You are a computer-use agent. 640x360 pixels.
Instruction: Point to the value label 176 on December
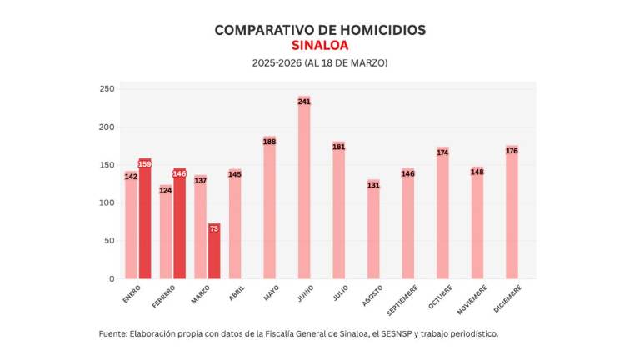[512, 151]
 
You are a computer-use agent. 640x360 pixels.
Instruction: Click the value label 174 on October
[442, 152]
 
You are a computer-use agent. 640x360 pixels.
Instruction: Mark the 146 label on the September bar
[407, 173]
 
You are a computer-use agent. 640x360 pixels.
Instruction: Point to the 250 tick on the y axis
[106, 89]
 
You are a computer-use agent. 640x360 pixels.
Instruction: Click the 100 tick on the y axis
[106, 202]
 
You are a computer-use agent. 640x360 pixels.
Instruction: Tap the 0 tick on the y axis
[111, 278]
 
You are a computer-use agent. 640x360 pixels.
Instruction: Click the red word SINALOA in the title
[320, 46]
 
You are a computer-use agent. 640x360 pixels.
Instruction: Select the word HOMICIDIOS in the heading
[380, 30]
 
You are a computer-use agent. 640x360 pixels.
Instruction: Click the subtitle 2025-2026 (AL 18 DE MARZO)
[320, 63]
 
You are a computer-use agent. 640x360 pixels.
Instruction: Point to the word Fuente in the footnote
[113, 333]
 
